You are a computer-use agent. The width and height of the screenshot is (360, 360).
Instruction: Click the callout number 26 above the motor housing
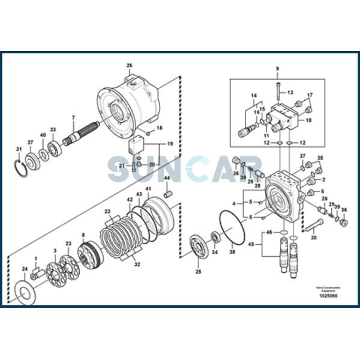(x=129, y=65)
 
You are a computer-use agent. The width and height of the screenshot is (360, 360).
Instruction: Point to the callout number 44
(x=167, y=178)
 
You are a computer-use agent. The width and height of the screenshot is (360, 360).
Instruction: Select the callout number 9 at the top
(x=277, y=70)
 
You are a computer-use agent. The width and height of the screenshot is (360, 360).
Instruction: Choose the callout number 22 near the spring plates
(x=108, y=211)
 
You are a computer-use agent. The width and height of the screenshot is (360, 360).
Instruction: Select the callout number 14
(x=253, y=95)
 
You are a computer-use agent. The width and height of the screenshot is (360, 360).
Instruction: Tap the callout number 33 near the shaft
(x=53, y=130)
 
